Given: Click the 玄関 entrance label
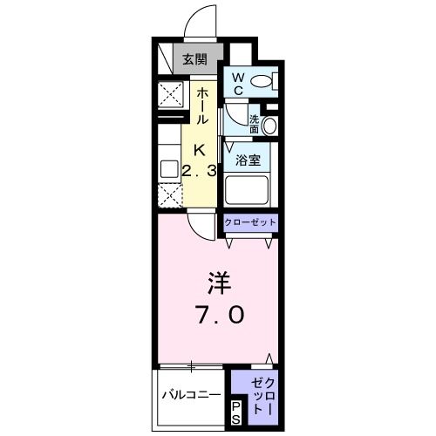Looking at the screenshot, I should [x=194, y=60].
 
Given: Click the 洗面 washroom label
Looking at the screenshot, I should [x=255, y=124].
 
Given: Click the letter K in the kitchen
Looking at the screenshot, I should [x=199, y=148].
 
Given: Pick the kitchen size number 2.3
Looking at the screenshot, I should [x=199, y=169].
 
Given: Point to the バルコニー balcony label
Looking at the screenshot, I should [x=191, y=395].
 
